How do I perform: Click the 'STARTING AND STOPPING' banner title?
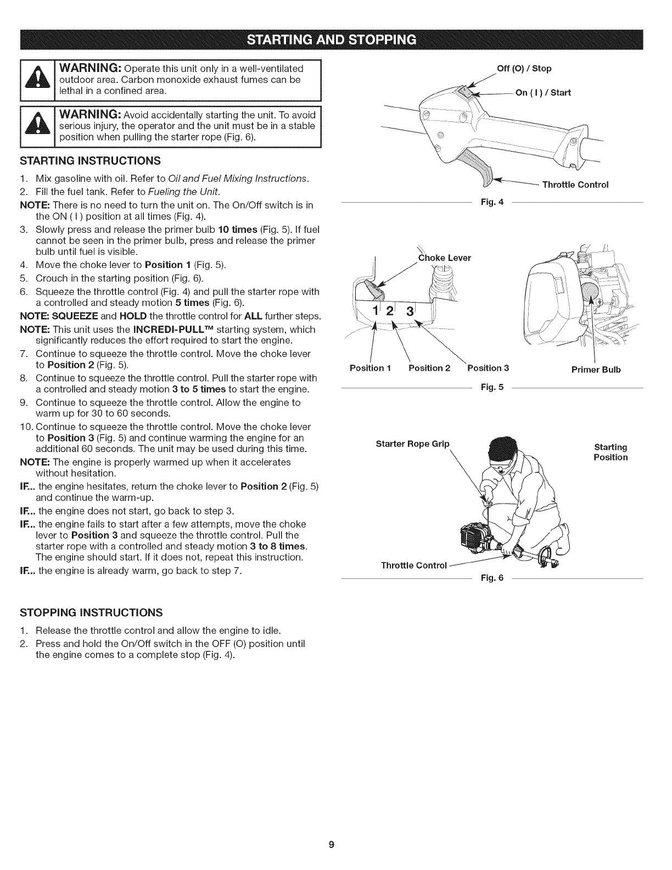[x=335, y=40]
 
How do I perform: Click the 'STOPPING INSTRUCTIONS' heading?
[x=91, y=612]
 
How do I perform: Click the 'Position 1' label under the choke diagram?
[x=369, y=368]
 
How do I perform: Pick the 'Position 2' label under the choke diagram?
[x=429, y=368]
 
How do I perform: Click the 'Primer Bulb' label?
[x=596, y=369]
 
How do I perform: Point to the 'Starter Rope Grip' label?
[x=412, y=443]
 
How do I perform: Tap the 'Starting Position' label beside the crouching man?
[x=610, y=452]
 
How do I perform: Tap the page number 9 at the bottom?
[x=331, y=844]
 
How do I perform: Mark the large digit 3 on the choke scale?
[x=409, y=312]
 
